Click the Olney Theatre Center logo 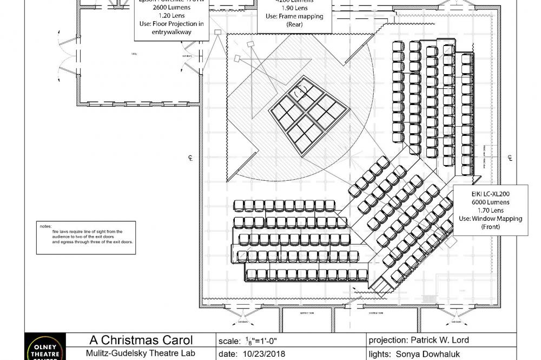46,348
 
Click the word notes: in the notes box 45,226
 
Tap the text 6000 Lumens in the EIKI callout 490,202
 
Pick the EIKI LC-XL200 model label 490,193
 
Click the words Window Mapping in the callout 497,219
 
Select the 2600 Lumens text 171,8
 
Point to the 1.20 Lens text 171,16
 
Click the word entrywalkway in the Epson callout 171,32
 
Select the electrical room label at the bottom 377,313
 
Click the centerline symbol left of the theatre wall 190,158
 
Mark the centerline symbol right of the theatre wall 510,158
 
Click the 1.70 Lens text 490,210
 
